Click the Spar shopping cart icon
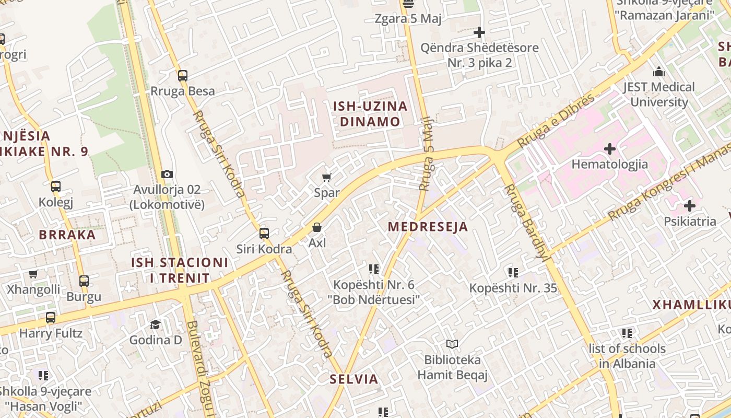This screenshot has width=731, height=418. (x=327, y=177)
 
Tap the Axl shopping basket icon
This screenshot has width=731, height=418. (x=316, y=227)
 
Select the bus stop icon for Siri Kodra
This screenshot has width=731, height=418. (x=264, y=234)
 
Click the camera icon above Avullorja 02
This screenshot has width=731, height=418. (x=167, y=174)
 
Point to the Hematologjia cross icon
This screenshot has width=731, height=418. (x=609, y=149)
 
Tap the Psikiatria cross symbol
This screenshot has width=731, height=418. (x=689, y=206)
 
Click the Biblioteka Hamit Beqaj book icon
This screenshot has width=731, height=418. (x=452, y=344)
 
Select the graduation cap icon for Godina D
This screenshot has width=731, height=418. (x=155, y=324)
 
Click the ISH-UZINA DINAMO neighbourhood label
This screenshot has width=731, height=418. (x=370, y=114)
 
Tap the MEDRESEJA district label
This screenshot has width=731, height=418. (x=428, y=227)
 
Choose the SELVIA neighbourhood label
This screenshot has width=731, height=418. (x=354, y=379)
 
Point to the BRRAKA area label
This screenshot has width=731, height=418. (x=67, y=235)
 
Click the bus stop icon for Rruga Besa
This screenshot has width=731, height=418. (x=182, y=76)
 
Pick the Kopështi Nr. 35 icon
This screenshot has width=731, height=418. (x=513, y=272)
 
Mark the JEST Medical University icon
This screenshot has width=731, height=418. (x=659, y=71)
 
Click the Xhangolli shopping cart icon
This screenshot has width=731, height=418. (x=33, y=274)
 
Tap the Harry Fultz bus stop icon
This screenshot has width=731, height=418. (x=51, y=317)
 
